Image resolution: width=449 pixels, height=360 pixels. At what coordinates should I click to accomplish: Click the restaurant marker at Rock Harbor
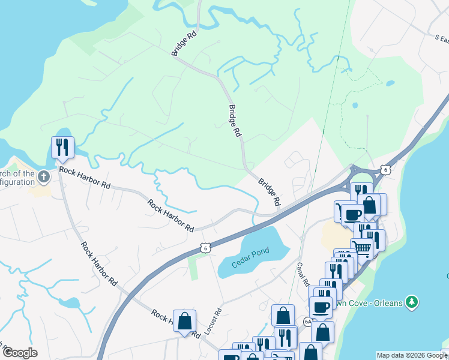(62, 146)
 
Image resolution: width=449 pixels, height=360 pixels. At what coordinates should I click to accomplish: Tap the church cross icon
(43, 177)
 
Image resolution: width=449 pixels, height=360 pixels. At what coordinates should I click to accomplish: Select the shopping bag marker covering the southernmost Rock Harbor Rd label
(184, 322)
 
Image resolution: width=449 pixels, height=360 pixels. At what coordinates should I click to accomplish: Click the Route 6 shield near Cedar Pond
(205, 247)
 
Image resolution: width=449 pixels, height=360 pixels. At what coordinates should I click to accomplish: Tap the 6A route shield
(308, 322)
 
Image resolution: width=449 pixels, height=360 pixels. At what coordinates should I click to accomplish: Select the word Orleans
(384, 302)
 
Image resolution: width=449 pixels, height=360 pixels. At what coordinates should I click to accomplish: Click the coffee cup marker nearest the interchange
(352, 214)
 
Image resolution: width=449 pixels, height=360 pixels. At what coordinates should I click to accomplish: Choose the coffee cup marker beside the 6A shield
(321, 307)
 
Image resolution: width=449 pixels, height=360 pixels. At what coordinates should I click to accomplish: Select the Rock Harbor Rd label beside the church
(85, 178)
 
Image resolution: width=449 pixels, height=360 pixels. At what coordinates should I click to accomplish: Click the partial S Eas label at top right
(442, 38)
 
